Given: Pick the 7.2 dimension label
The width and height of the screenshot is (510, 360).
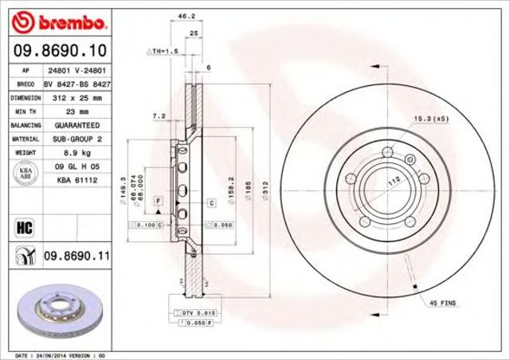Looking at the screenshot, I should coord(159,116).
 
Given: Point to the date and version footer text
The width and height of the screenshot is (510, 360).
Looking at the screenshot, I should coord(60,354).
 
